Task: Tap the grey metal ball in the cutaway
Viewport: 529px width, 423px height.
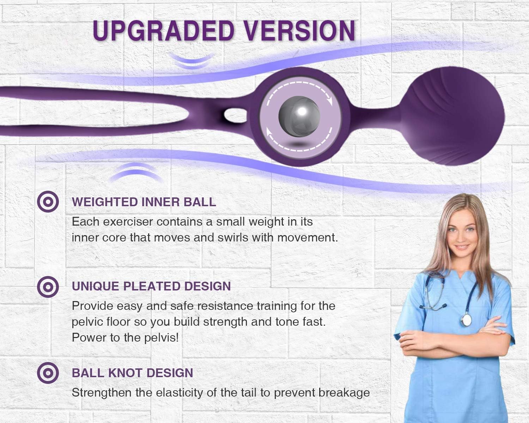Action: point(299,116)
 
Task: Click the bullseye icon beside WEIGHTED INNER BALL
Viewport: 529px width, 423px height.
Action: point(48,202)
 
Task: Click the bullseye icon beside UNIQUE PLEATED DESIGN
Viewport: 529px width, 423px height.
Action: point(48,287)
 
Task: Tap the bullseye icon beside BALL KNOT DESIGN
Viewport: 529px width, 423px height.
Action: point(48,373)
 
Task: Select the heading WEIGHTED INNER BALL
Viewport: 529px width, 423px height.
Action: point(144,202)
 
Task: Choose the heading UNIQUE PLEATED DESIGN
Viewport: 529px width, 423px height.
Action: point(151,286)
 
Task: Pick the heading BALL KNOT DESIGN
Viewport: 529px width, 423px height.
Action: point(132,373)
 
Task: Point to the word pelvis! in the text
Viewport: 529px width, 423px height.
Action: point(162,337)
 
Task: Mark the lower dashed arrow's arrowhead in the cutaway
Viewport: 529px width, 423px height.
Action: point(270,133)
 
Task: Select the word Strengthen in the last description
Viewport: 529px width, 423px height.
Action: point(102,393)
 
